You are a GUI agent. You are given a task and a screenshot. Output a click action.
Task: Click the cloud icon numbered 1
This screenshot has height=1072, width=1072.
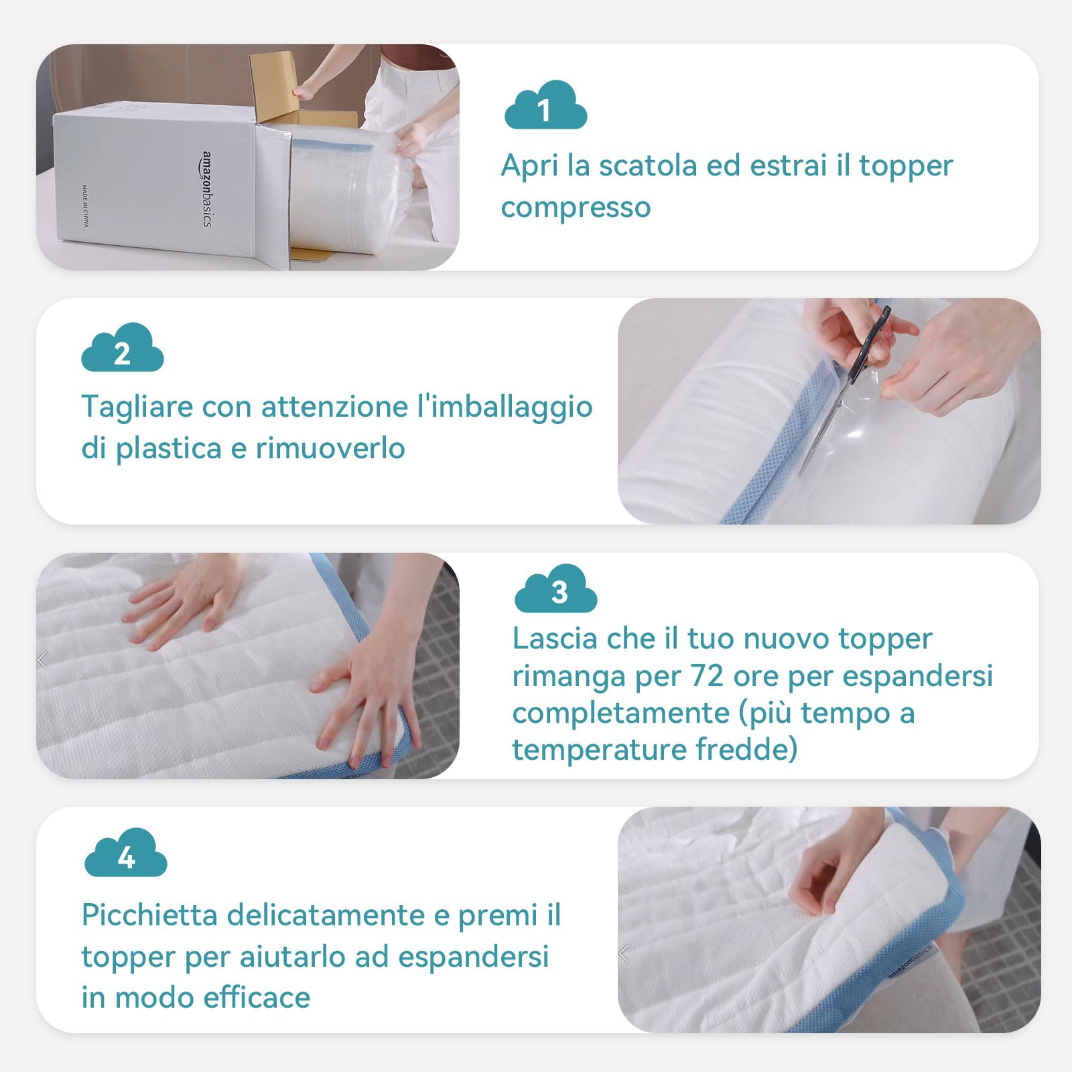pyautogui.click(x=545, y=105)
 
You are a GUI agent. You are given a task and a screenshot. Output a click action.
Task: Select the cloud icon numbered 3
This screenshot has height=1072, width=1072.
pyautogui.click(x=556, y=588)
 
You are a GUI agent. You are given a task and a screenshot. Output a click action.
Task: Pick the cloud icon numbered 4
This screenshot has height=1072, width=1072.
pyautogui.click(x=126, y=852)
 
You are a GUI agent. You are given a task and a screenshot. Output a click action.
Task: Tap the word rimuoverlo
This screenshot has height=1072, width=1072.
pyautogui.click(x=330, y=448)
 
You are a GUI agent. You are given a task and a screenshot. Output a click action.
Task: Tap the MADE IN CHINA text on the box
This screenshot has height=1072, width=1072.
pyautogui.click(x=85, y=206)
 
